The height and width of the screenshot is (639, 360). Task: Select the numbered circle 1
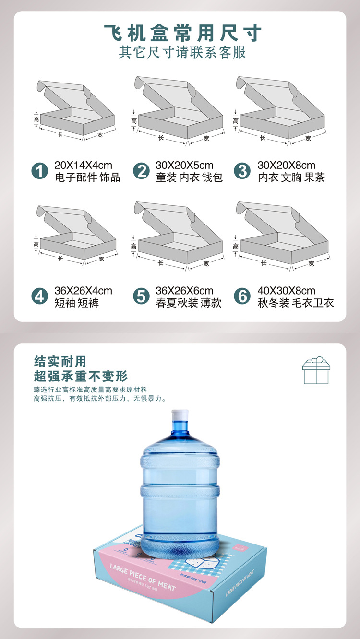tap(40, 171)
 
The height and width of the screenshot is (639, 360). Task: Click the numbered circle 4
tap(40, 296)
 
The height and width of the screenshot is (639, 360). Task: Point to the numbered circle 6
tap(242, 296)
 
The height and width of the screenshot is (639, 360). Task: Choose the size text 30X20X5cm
tap(184, 166)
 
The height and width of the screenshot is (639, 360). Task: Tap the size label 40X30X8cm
tap(287, 291)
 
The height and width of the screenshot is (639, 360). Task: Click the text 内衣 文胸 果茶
tap(291, 177)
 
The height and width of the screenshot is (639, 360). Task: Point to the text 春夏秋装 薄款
tap(189, 303)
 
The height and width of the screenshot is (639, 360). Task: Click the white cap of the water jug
tap(180, 415)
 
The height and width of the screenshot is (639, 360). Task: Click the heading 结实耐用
tap(60, 361)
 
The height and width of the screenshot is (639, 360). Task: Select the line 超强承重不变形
tap(81, 376)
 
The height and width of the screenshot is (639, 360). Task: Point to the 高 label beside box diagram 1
tap(36, 120)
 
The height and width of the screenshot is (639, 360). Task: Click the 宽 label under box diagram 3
tap(308, 139)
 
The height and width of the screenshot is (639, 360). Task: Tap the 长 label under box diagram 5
tap(160, 263)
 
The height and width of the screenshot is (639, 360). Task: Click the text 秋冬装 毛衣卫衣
tap(296, 303)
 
